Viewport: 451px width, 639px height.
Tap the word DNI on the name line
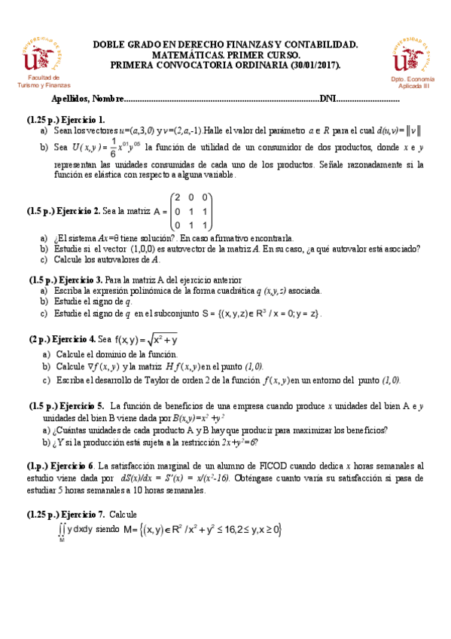pos(328,99)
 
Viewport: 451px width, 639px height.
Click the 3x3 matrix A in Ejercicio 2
pos(192,211)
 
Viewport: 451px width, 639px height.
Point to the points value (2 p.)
pos(39,340)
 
